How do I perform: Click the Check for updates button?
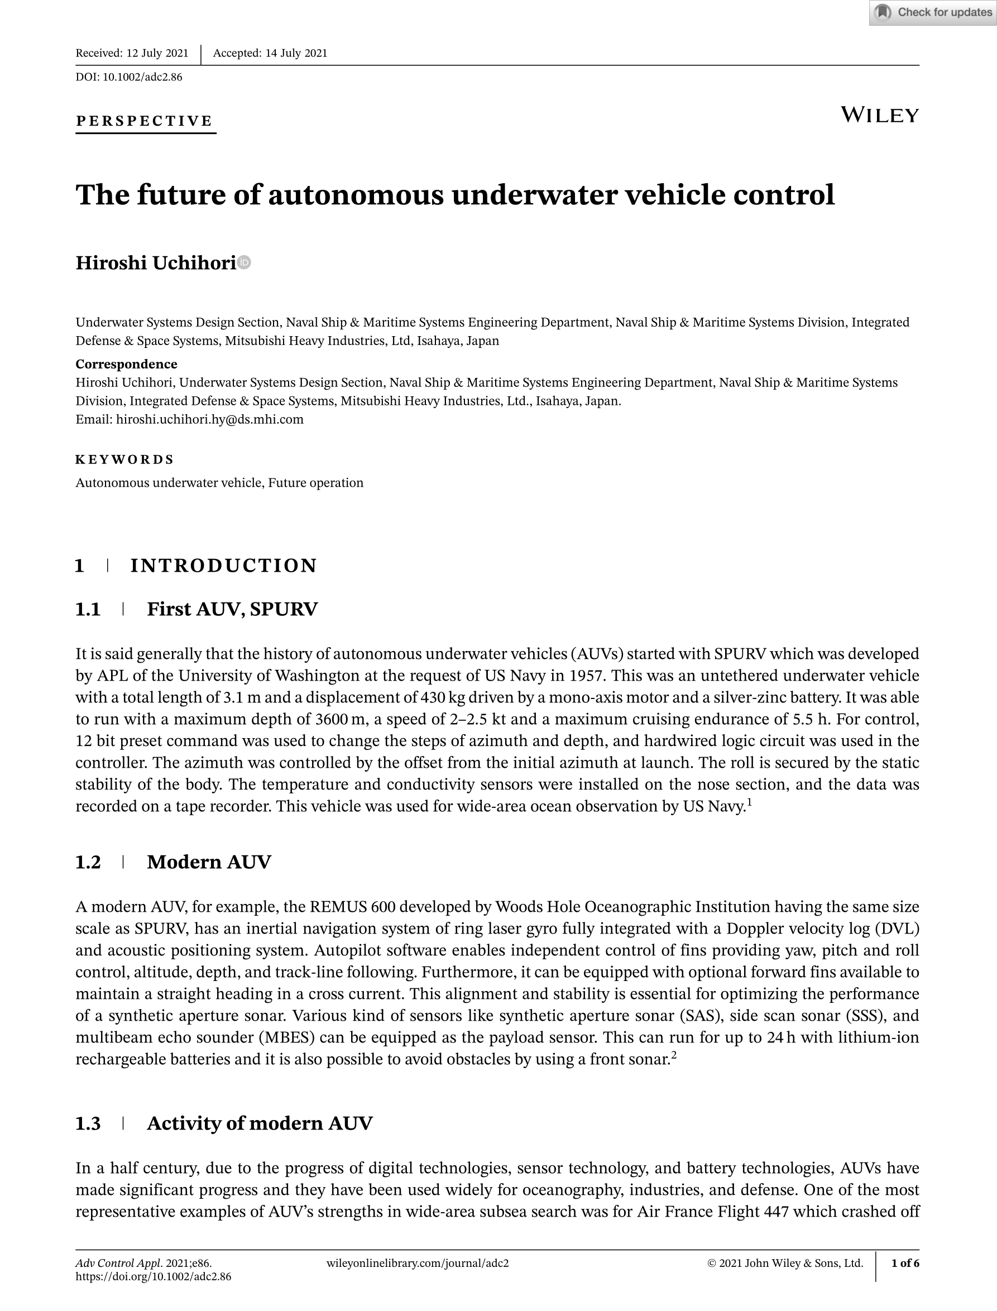[933, 12]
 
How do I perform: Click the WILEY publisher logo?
[880, 115]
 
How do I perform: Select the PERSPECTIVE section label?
[144, 121]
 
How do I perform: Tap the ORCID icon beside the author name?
[245, 262]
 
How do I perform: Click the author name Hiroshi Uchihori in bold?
[156, 263]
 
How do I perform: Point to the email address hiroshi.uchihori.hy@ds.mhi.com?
[209, 419]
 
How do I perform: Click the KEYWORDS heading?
[124, 460]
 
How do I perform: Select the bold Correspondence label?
[126, 364]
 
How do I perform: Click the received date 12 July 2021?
[157, 54]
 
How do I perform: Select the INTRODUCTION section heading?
[224, 566]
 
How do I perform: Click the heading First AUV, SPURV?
[232, 609]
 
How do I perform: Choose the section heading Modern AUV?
[209, 862]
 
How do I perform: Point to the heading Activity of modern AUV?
[260, 1123]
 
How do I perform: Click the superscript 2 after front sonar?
[674, 1055]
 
